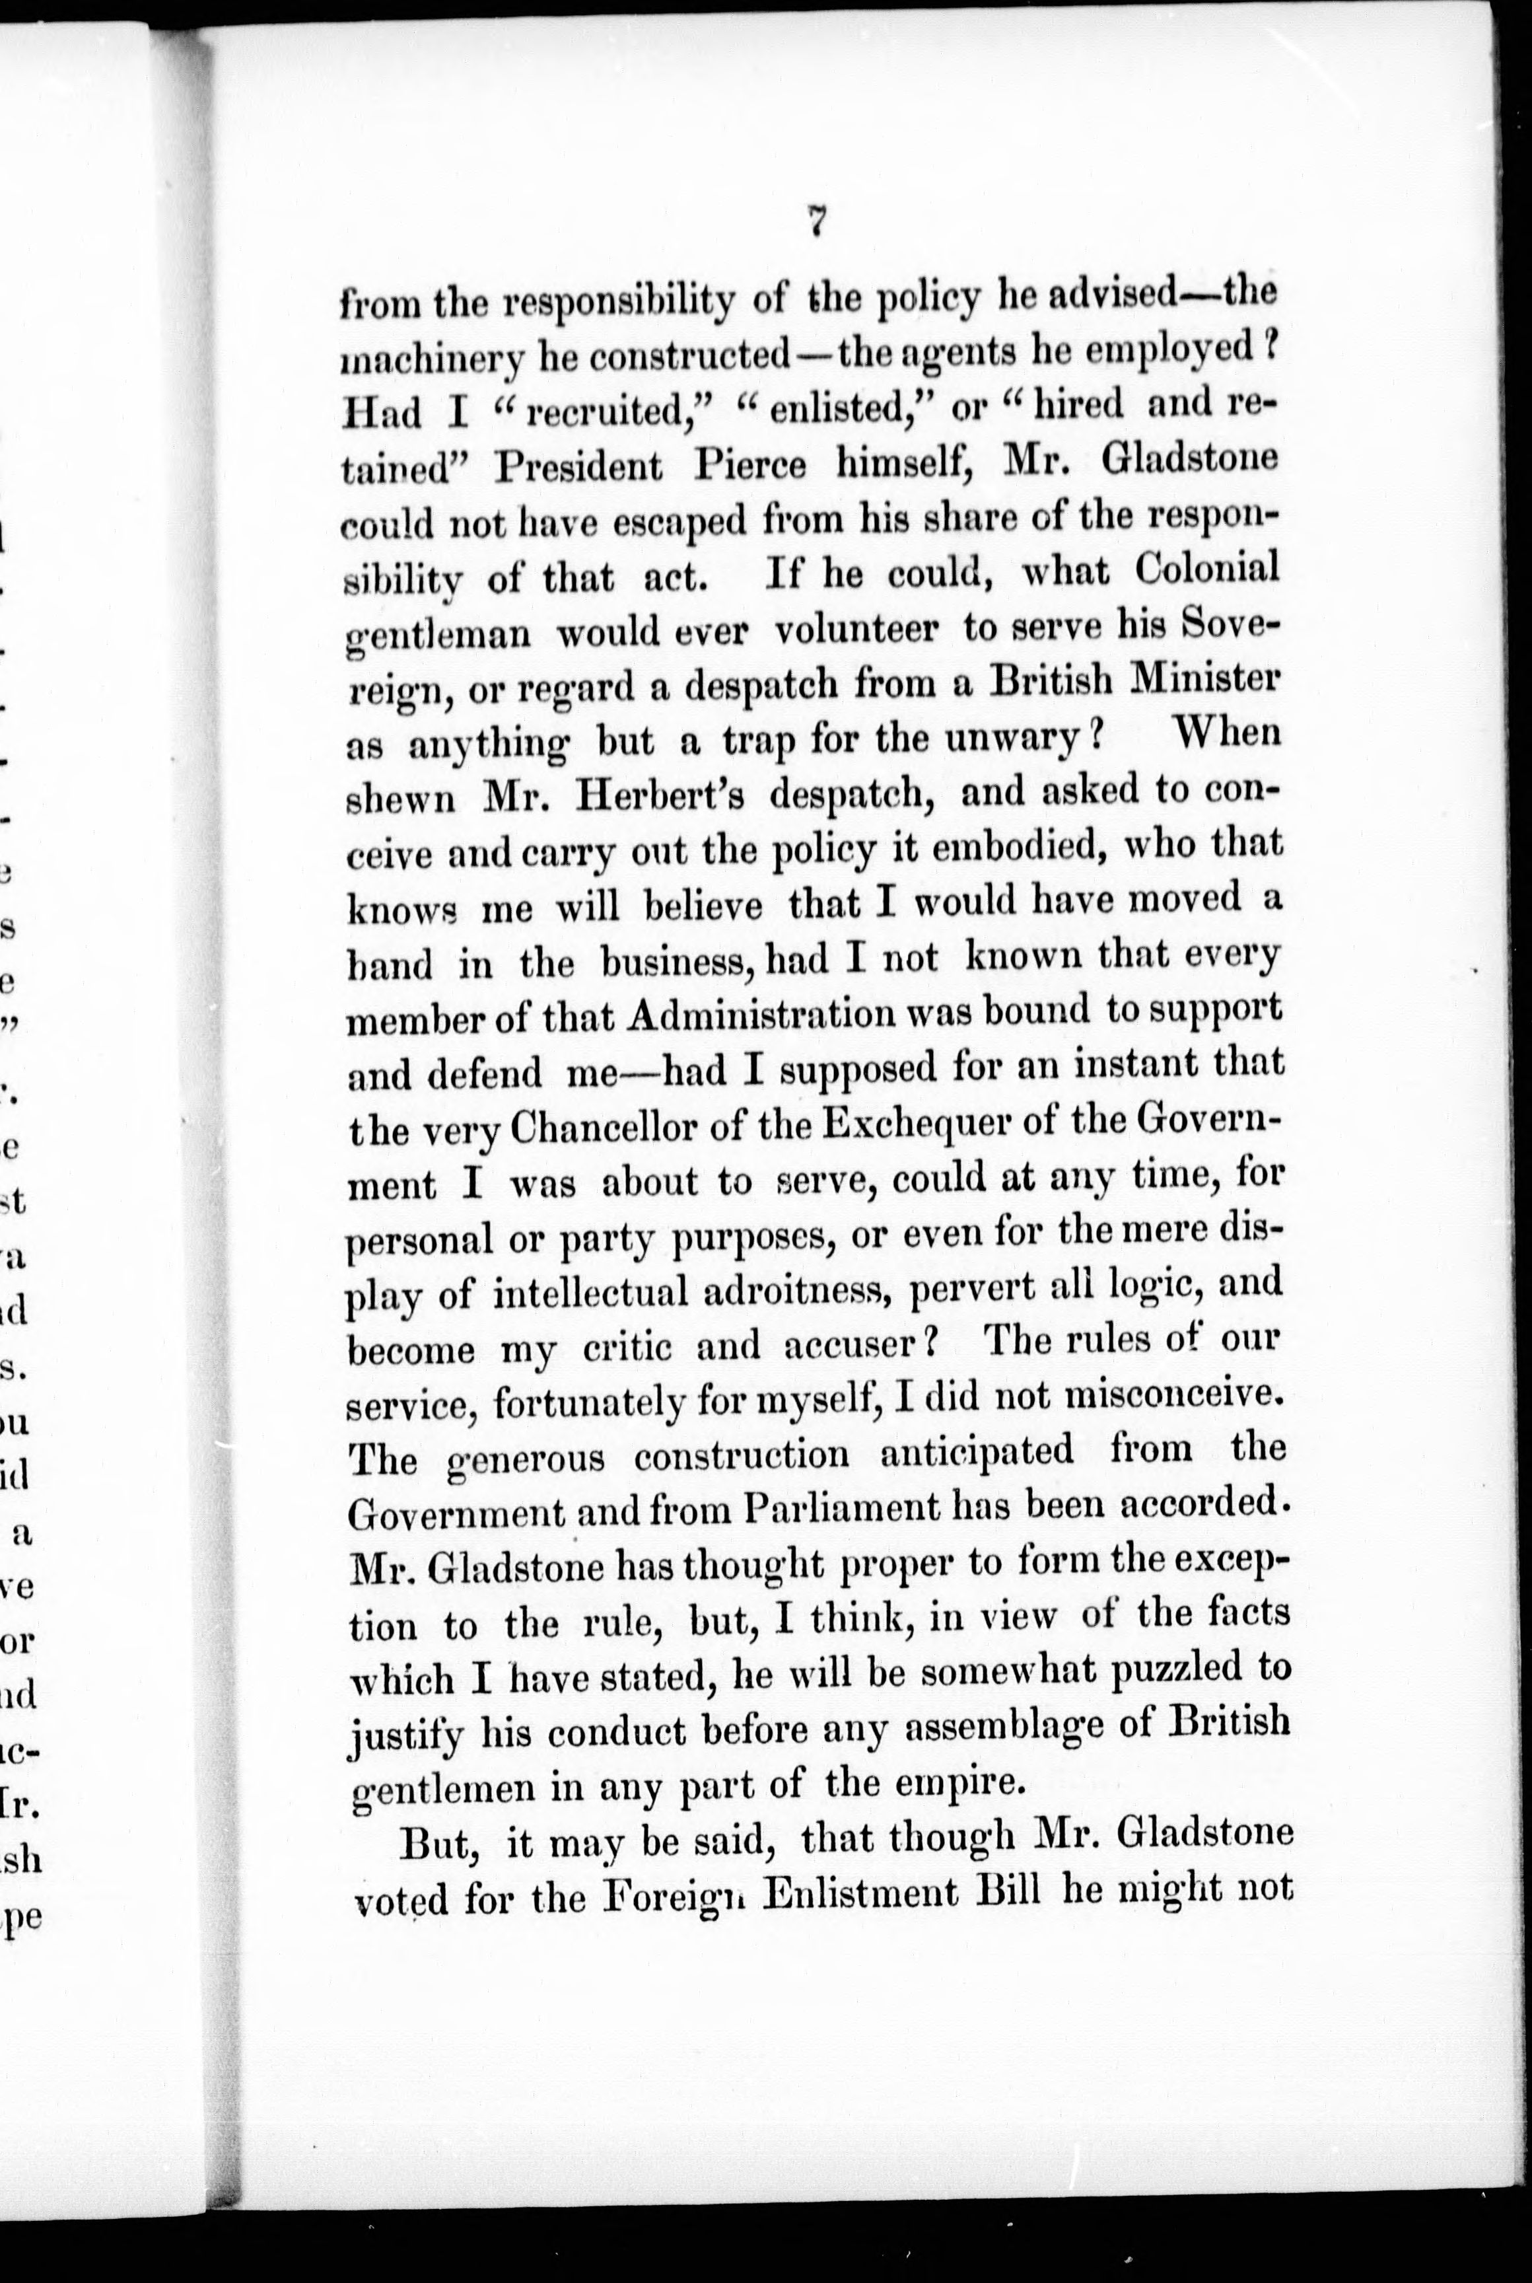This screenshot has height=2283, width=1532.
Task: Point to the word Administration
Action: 760,1015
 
